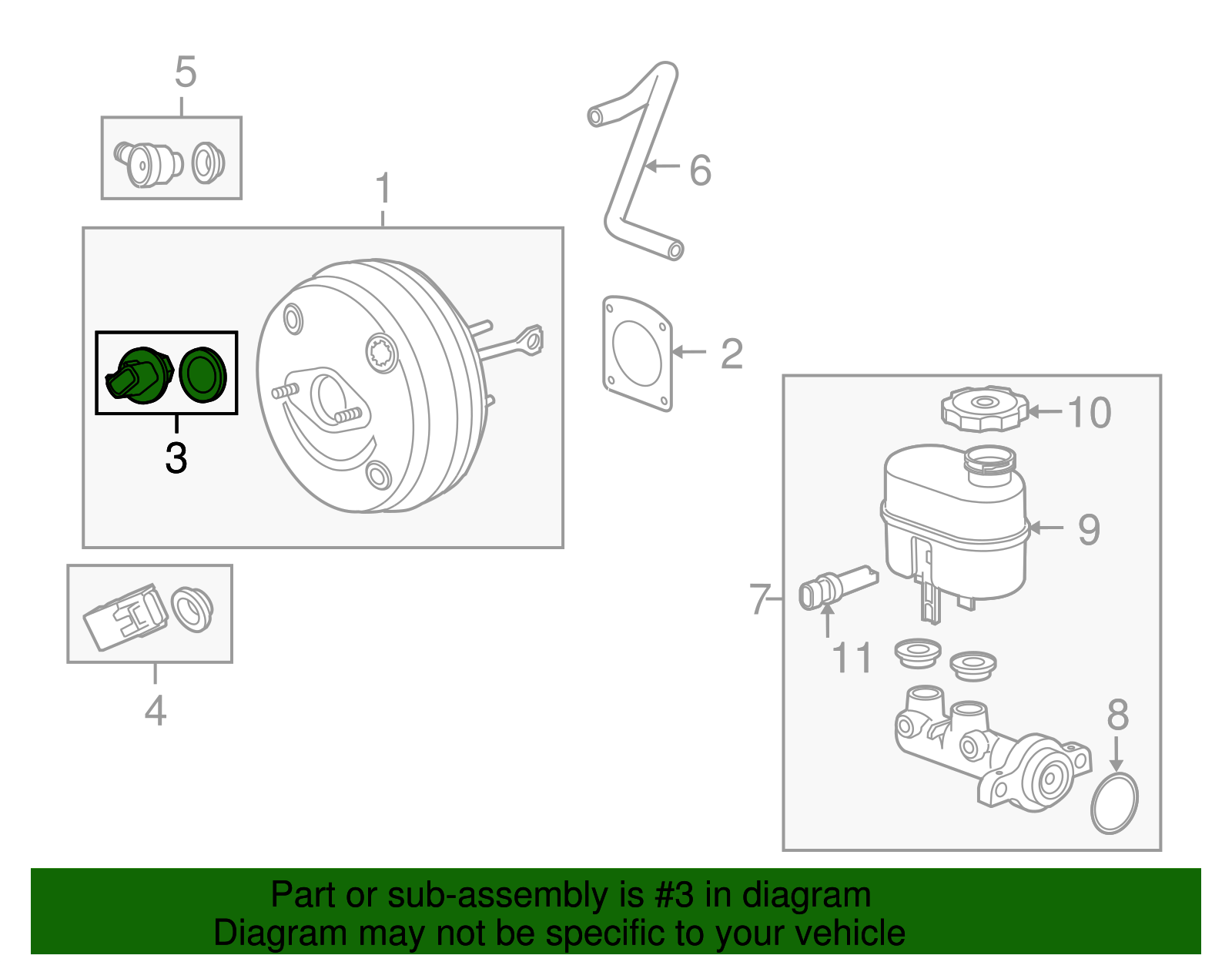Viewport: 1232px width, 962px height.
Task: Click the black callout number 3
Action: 176,458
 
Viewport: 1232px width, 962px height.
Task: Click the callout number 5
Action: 186,72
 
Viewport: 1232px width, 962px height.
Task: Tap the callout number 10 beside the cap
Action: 1089,413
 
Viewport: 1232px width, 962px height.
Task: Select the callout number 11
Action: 852,659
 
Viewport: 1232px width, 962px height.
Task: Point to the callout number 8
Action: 1117,716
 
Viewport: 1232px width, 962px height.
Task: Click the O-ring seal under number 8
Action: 1114,803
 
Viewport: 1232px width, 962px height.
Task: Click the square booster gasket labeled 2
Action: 637,354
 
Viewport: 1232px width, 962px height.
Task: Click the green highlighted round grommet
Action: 203,374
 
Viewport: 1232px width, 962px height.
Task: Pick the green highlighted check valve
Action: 139,375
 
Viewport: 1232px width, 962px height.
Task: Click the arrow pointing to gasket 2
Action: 688,352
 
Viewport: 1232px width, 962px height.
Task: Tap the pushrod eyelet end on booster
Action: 530,340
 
